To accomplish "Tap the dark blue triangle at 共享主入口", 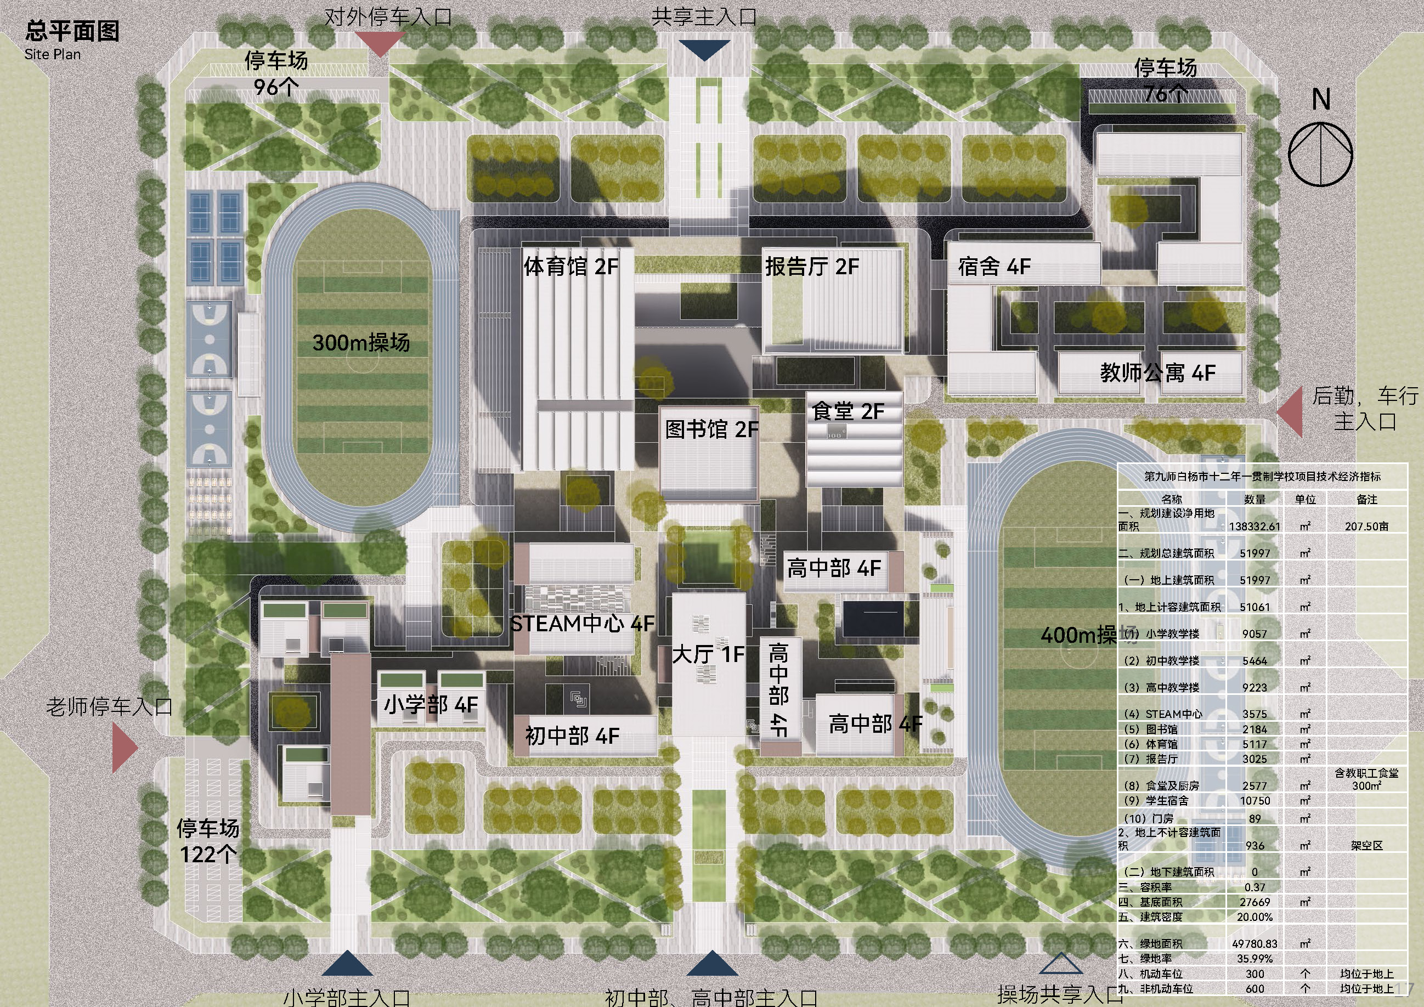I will (704, 49).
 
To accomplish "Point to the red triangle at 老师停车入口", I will (123, 749).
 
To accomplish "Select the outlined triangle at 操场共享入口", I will (1060, 964).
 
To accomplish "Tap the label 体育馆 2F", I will (570, 267).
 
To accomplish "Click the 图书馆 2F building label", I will (711, 429).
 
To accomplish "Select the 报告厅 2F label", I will (812, 267).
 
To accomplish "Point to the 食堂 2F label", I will (848, 411).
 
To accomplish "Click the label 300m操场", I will (361, 342).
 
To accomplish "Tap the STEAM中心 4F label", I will (582, 624).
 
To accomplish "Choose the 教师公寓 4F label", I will (1157, 372).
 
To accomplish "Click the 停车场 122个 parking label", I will (208, 841).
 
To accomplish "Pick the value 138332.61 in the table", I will (1254, 527).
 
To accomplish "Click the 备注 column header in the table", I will (1366, 499).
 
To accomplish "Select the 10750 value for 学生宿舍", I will (1255, 801).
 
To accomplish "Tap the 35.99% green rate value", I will (1255, 959).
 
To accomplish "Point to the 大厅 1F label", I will (708, 654).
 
